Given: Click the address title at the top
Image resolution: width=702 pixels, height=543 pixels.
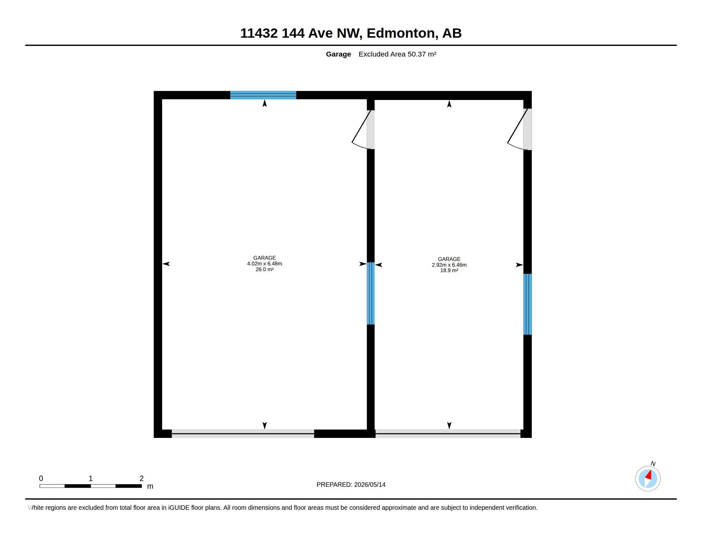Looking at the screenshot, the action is (x=351, y=33).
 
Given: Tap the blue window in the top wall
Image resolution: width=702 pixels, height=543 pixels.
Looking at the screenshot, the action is (x=263, y=95).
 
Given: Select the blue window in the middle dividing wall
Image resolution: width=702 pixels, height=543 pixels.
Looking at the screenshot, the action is (x=370, y=293).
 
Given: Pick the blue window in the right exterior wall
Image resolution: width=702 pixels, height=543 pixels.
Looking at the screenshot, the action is (x=527, y=304).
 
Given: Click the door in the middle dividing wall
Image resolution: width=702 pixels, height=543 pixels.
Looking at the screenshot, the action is (x=363, y=130).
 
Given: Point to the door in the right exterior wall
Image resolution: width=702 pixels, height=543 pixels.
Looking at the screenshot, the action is (x=519, y=129).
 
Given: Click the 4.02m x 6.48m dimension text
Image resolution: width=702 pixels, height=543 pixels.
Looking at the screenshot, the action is (x=265, y=264).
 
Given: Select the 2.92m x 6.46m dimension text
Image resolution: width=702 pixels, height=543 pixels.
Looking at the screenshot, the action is (x=449, y=265).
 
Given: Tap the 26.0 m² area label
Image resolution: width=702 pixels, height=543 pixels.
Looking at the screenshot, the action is (x=265, y=270).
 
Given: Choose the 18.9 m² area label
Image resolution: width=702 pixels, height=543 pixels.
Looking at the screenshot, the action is (x=449, y=271).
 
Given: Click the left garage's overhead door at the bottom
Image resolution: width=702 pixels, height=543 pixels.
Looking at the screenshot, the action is (x=243, y=434).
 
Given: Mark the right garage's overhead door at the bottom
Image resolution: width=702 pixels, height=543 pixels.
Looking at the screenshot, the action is (x=448, y=434).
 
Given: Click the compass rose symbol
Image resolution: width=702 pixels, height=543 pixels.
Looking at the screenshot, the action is (x=648, y=478).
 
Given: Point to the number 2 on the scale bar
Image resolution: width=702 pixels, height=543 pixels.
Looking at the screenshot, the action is (x=141, y=478).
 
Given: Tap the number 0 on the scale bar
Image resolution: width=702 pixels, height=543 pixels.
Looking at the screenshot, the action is (x=41, y=478).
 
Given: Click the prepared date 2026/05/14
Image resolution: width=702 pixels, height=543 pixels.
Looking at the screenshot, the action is (x=370, y=485).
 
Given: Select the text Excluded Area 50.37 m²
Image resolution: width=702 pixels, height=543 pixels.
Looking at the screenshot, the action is (x=397, y=54).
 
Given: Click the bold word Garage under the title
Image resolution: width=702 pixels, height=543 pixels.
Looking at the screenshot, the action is (x=339, y=54).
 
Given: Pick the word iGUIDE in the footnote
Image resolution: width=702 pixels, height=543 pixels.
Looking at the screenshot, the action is (x=179, y=508).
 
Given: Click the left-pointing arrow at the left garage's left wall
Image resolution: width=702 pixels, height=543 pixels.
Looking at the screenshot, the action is (x=166, y=264).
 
